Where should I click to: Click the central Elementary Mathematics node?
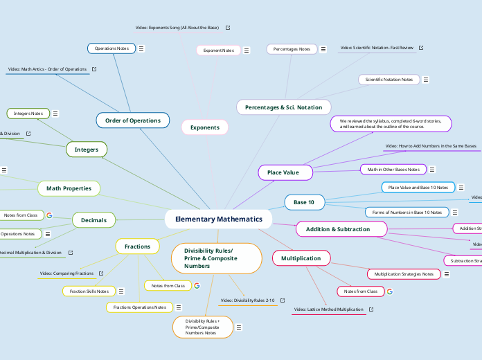pyautogui.click(x=218, y=219)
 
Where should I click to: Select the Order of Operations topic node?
pyautogui.click(x=132, y=120)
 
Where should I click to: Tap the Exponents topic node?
pyautogui.click(x=204, y=127)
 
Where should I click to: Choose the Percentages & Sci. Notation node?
pyautogui.click(x=283, y=107)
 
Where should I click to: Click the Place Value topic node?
pyautogui.click(x=283, y=172)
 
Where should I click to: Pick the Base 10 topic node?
pyautogui.click(x=304, y=202)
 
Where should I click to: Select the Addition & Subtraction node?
pyautogui.click(x=337, y=229)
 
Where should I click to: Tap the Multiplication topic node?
pyautogui.click(x=301, y=258)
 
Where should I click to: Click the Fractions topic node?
pyautogui.click(x=137, y=246)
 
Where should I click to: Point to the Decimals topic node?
pyautogui.click(x=93, y=220)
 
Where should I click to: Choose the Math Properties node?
pyautogui.click(x=69, y=188)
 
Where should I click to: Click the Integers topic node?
pyautogui.click(x=87, y=149)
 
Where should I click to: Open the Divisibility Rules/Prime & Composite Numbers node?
pyautogui.click(x=215, y=258)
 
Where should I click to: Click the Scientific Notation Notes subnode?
pyautogui.click(x=389, y=80)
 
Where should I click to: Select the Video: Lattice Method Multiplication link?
pyautogui.click(x=328, y=309)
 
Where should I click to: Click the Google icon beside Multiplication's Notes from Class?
pyautogui.click(x=389, y=291)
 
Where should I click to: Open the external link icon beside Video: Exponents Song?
pyautogui.click(x=228, y=28)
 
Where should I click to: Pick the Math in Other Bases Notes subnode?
pyautogui.click(x=393, y=169)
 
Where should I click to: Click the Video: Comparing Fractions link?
pyautogui.click(x=66, y=273)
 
